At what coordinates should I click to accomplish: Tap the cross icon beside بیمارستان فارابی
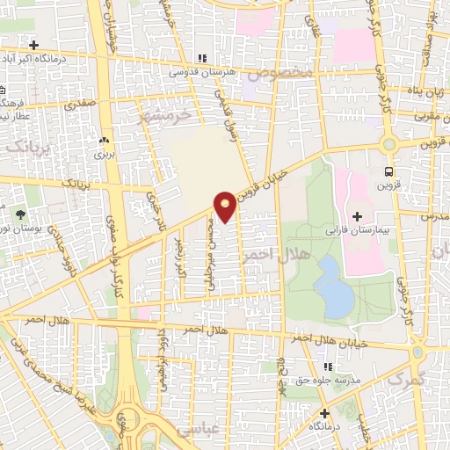point(357,216)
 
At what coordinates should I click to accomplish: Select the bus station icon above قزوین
point(389,172)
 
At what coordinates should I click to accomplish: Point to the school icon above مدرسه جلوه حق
point(327,367)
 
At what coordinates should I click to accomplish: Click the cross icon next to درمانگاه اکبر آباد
point(33,45)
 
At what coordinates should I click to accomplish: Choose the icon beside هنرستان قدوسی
point(203,58)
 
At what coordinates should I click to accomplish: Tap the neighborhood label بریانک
point(30,145)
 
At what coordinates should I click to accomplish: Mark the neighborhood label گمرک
point(405,379)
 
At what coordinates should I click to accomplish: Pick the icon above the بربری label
point(105,141)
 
